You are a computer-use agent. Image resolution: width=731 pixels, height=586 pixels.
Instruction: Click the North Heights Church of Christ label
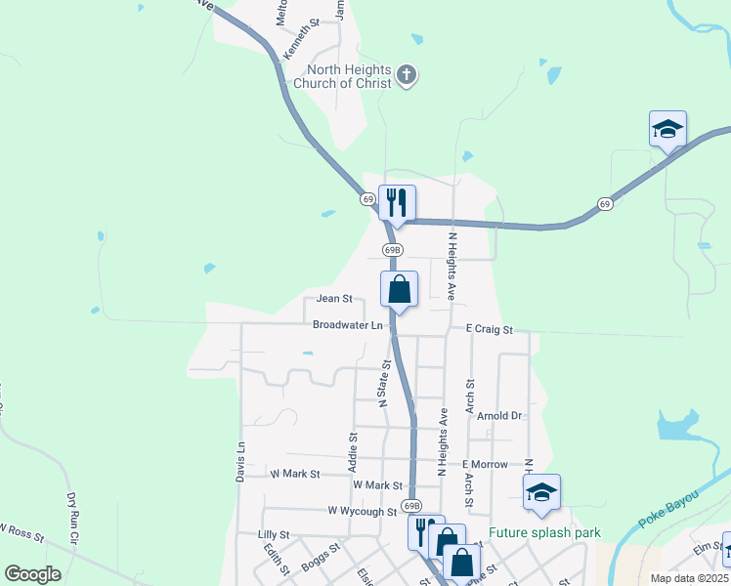point(350,76)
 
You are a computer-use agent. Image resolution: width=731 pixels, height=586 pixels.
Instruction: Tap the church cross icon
point(408,75)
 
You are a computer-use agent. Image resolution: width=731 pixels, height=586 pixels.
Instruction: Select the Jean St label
point(333,299)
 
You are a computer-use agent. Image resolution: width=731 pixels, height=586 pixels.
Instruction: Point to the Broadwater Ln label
point(347,324)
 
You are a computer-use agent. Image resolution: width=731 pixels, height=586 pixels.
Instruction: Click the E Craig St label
point(489,330)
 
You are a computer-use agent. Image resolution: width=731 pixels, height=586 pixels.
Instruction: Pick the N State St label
point(384,383)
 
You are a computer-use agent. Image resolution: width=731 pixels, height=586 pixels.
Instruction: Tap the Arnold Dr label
point(501,416)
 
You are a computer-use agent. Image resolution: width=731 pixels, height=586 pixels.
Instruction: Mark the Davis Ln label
point(239,459)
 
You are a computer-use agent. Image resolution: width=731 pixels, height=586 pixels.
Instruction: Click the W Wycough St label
point(363,511)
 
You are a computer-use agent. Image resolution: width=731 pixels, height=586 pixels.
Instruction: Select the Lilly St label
point(274,535)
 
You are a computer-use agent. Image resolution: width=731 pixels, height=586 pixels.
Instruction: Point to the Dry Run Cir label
point(71,518)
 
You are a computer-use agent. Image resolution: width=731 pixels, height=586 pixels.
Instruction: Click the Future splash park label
point(544,533)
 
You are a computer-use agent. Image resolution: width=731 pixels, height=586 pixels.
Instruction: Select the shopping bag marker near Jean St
point(399,289)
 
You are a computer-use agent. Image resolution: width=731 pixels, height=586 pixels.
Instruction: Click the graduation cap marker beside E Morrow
point(540,492)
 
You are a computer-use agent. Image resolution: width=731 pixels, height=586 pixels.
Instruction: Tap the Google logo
point(32,574)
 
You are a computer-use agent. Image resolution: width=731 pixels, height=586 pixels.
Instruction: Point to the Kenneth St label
point(301,39)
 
